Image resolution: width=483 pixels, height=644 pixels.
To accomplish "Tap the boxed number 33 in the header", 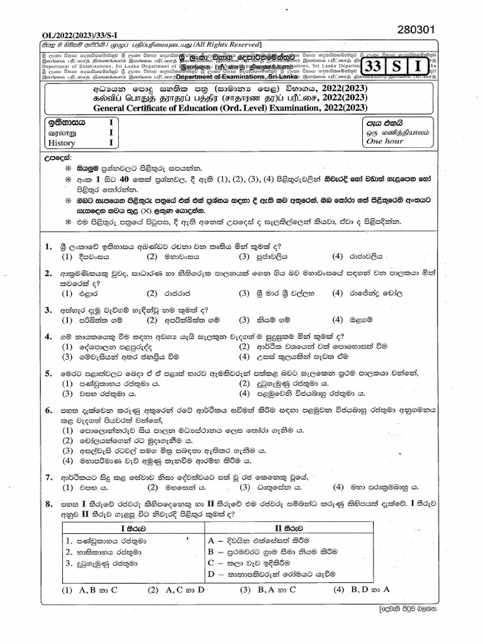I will [x=381, y=65].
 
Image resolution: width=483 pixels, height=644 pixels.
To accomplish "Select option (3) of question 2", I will [x=275, y=293].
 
